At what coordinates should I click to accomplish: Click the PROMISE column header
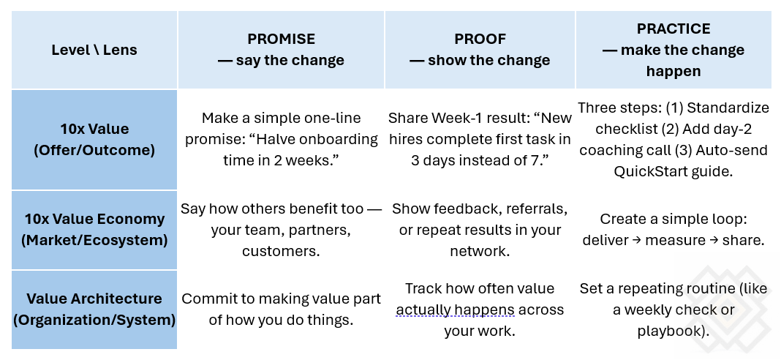pos(281,50)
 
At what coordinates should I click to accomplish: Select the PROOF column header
pos(479,50)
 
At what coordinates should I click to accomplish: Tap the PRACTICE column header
pos(673,50)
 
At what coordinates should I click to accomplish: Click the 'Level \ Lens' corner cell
pos(94,50)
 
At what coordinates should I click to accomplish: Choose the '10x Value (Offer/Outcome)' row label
pos(94,140)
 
